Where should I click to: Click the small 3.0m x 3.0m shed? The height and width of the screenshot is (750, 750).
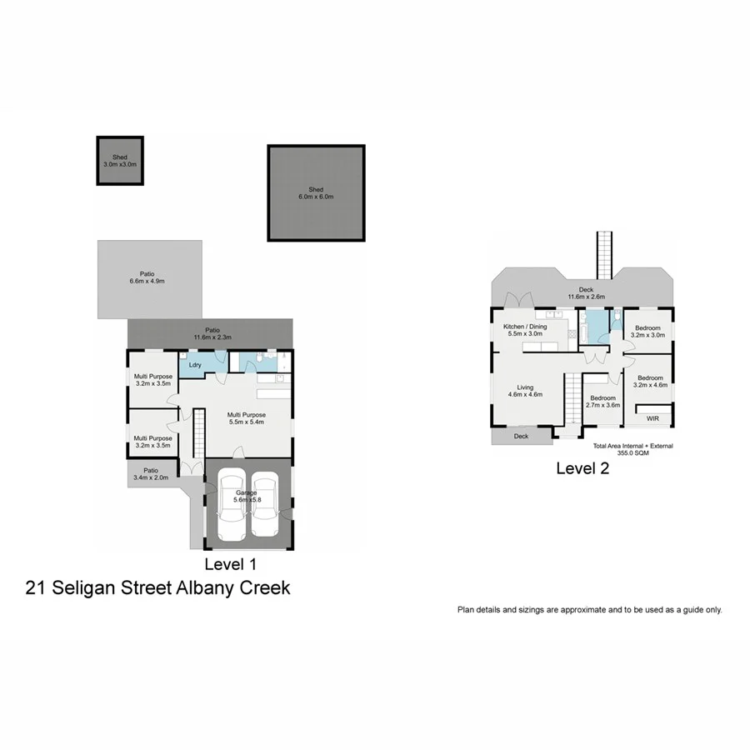119,161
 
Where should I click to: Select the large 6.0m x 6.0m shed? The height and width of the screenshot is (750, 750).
316,193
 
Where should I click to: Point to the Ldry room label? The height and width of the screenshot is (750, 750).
195,365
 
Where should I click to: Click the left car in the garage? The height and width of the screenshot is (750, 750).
230,505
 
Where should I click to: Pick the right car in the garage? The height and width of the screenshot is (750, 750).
265,505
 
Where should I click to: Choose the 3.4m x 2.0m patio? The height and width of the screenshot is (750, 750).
149,475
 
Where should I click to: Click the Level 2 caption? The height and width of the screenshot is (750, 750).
582,468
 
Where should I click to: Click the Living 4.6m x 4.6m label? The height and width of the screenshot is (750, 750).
525,391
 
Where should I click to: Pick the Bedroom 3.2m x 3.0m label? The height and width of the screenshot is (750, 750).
648,332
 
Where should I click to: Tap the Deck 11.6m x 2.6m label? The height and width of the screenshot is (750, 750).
587,293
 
